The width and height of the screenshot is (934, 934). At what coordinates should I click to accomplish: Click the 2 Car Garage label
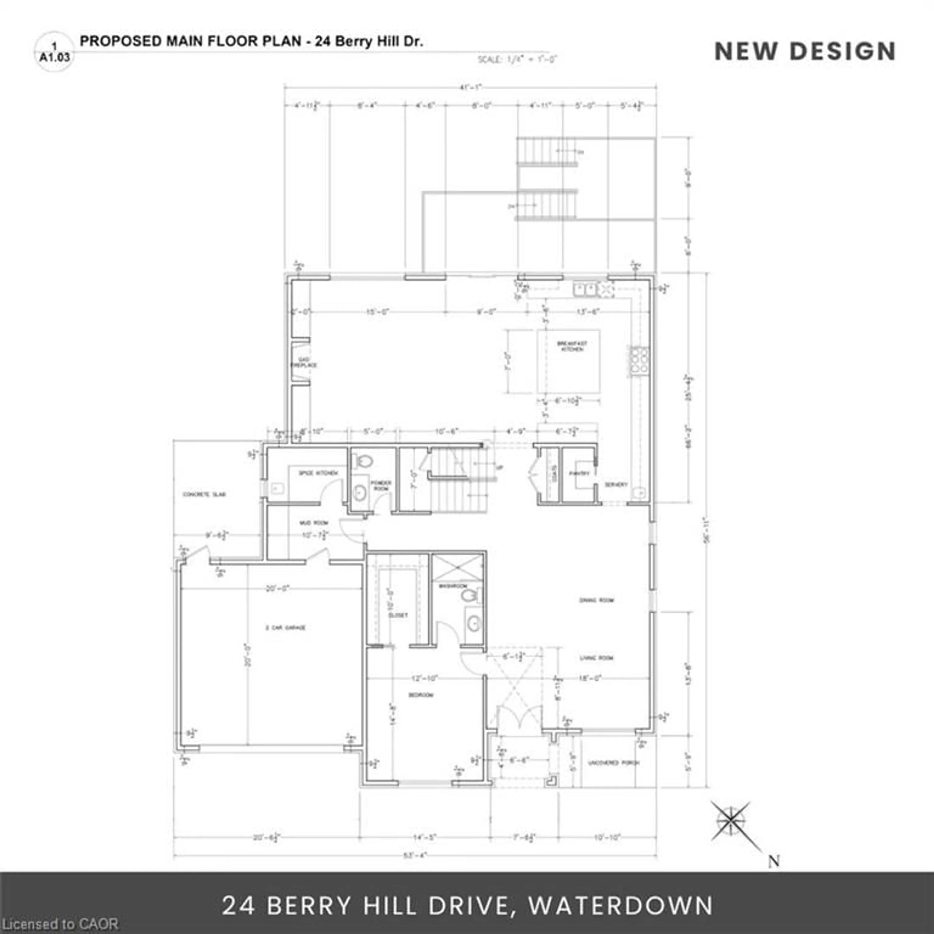[x=285, y=628]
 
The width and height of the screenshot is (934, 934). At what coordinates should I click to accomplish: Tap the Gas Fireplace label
[x=304, y=363]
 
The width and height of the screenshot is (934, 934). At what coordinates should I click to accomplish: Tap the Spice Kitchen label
[x=318, y=473]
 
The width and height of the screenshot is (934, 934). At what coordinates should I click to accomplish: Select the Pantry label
[x=579, y=474]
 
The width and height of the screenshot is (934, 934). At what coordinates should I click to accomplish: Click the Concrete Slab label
[x=204, y=494]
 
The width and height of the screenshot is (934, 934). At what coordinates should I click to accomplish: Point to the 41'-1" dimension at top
[x=470, y=88]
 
